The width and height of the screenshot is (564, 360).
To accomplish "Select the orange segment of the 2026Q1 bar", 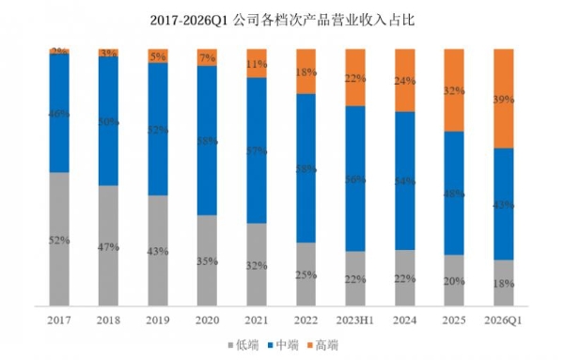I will coord(504,99).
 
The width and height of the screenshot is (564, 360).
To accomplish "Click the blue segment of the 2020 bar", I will coord(208,141).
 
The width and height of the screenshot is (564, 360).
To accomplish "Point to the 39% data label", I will coord(504,99).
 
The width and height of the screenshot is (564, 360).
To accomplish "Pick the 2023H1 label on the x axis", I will coord(355,321).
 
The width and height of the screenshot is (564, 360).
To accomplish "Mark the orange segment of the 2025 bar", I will coord(454,90).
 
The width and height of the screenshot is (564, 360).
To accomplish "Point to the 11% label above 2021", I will coord(257,65).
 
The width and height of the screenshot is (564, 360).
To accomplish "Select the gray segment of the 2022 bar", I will coord(306,274).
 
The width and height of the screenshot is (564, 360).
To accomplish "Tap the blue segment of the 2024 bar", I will coord(405,180).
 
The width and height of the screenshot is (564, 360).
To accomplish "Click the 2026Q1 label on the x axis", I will coord(504,321).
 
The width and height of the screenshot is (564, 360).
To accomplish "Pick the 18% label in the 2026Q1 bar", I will coord(504,284).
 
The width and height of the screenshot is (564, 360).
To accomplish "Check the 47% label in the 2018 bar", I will coord(109,246).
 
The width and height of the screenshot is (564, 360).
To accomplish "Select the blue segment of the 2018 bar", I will coord(109,120).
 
